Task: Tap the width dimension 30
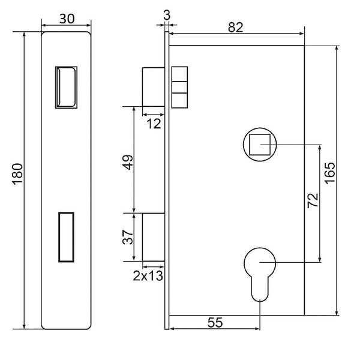click(67, 19)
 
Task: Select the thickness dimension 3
click(166, 13)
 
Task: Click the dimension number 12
click(154, 124)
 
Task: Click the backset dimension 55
click(214, 322)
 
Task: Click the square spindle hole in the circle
click(259, 144)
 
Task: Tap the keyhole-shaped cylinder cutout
click(260, 271)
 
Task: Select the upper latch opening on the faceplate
click(66, 88)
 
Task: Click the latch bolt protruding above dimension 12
click(152, 88)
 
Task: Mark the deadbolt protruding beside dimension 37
click(152, 236)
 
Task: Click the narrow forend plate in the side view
click(166, 180)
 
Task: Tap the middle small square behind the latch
click(179, 87)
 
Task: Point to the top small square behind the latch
click(179, 74)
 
